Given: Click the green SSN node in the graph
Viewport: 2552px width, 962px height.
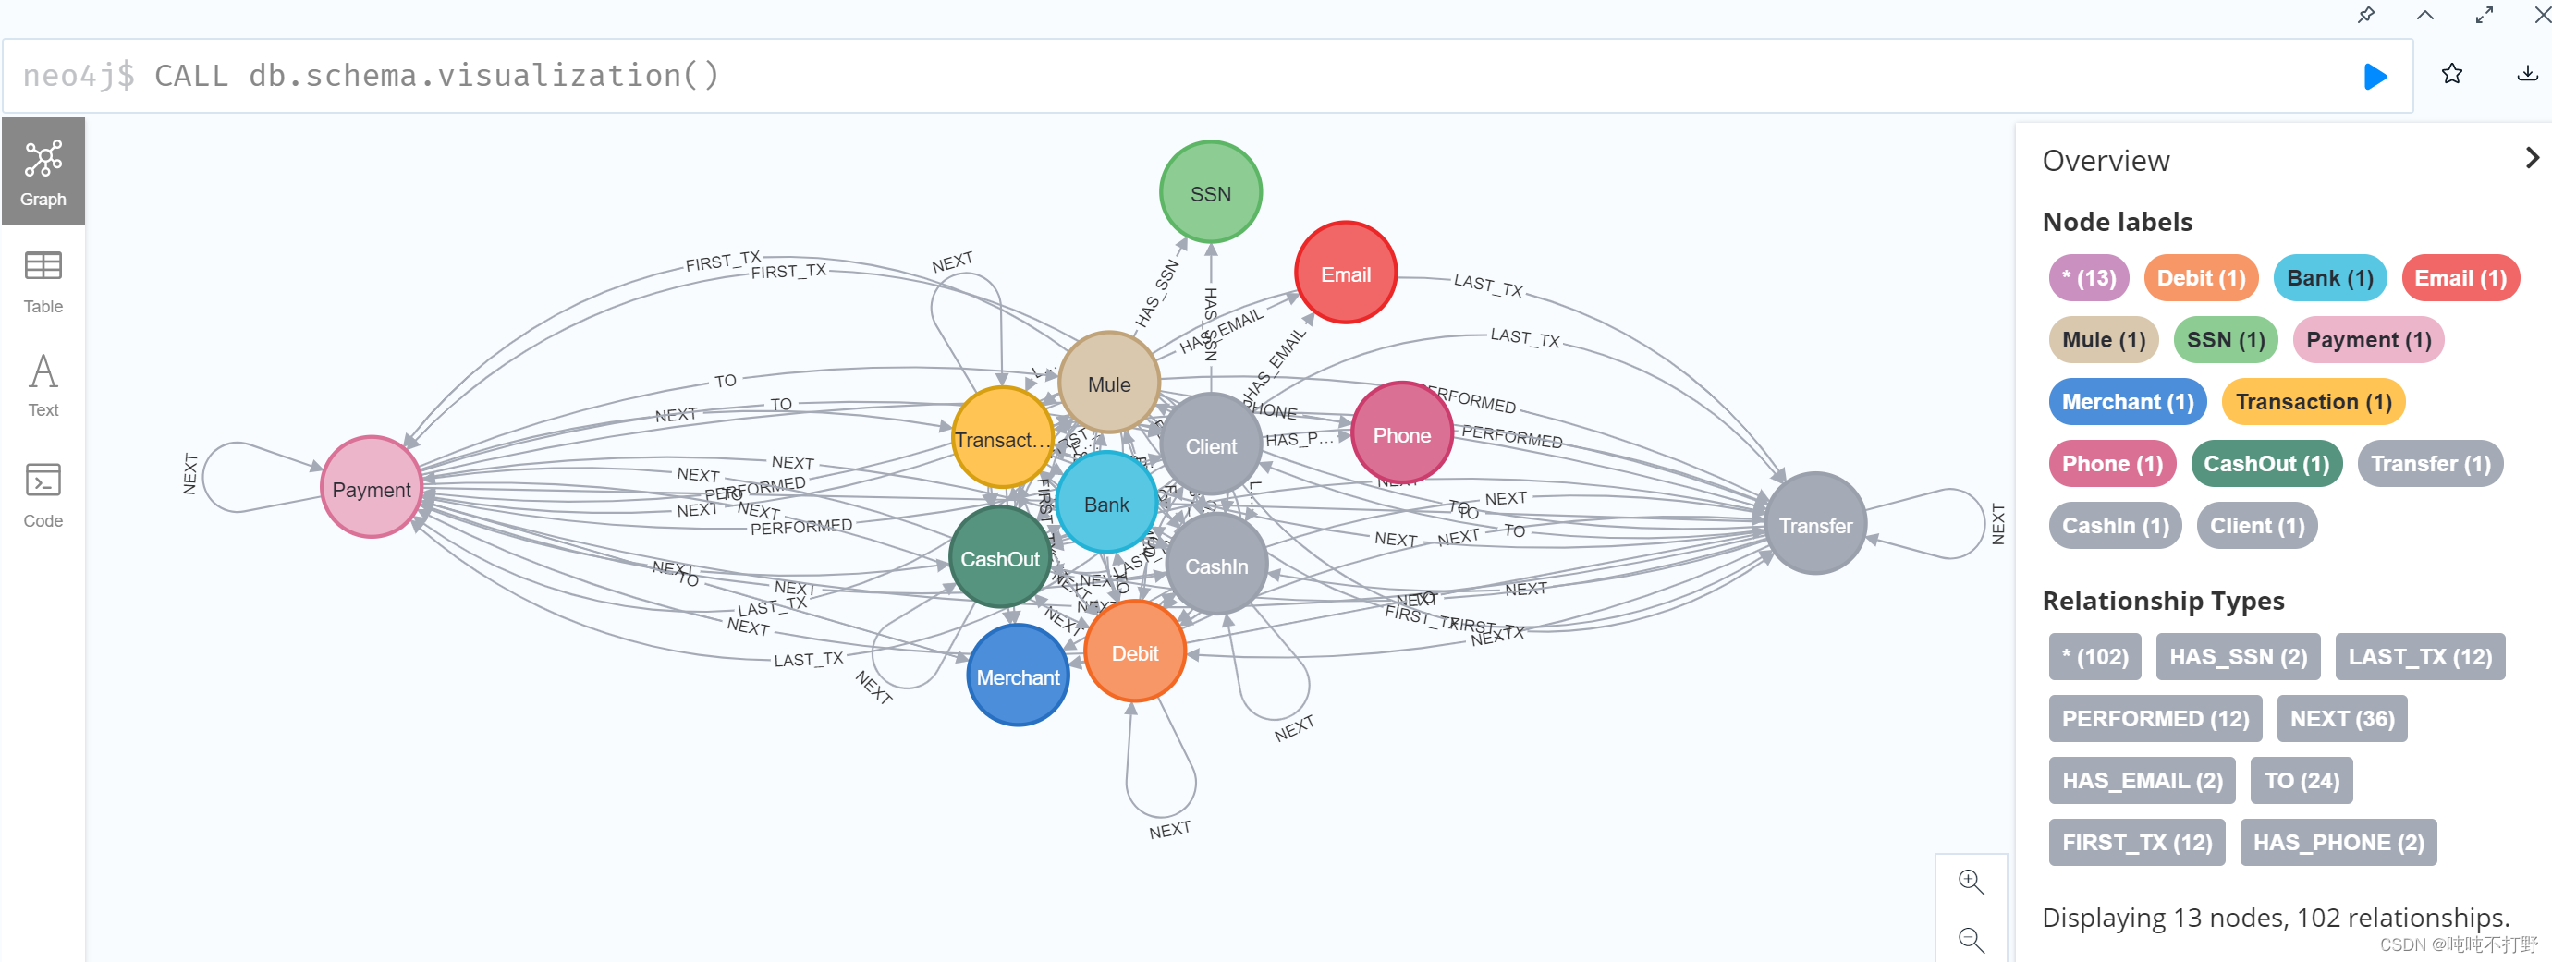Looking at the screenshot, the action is (1210, 192).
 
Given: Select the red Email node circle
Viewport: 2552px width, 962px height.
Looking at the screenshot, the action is (1346, 274).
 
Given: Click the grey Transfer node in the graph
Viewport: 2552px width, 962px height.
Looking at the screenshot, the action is (1815, 524).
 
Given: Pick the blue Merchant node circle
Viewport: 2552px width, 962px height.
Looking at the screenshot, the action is (1018, 676).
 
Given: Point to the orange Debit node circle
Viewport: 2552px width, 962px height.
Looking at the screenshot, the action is (1134, 651).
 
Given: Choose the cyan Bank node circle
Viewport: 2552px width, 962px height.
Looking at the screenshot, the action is (1105, 504).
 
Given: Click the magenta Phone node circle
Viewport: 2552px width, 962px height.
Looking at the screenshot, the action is (1401, 434).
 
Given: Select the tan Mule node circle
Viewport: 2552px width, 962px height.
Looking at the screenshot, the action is (1108, 384).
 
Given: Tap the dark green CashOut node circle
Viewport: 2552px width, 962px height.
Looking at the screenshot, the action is (999, 558).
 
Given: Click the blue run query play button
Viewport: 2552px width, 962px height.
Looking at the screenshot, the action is (2375, 77).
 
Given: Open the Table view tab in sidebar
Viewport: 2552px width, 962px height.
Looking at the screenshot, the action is (43, 281).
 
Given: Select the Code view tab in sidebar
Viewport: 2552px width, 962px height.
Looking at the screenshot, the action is (43, 495).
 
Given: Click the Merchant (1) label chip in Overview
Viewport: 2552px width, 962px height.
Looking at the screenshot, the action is (2127, 401).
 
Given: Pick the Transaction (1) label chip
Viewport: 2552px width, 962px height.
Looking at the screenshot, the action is (2314, 401).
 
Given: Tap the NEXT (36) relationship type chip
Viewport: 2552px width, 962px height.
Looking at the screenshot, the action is (2341, 718).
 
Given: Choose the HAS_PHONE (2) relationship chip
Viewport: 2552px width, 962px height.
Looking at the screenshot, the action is (2337, 842).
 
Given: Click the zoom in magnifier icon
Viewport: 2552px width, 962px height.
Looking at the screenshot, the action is (1971, 882).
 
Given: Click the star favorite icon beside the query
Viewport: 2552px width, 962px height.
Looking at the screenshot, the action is (2451, 74).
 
